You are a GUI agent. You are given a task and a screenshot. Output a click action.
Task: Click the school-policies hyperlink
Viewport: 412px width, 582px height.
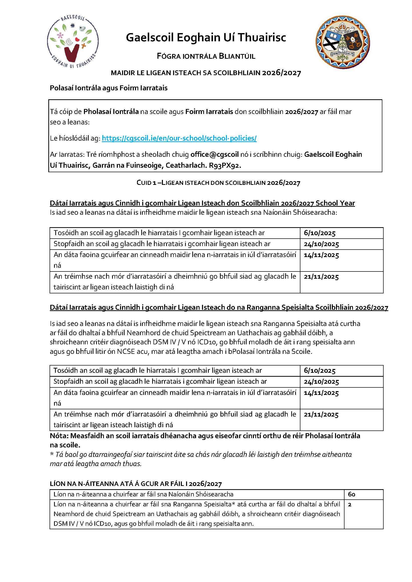coord(179,138)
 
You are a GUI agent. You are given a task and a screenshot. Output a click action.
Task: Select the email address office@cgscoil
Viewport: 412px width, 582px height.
coord(214,155)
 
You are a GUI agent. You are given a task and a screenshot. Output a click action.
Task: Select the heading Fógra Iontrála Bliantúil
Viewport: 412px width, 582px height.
coord(206,56)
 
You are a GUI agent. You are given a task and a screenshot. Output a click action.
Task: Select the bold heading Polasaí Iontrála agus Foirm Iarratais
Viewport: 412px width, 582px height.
coord(109,88)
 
